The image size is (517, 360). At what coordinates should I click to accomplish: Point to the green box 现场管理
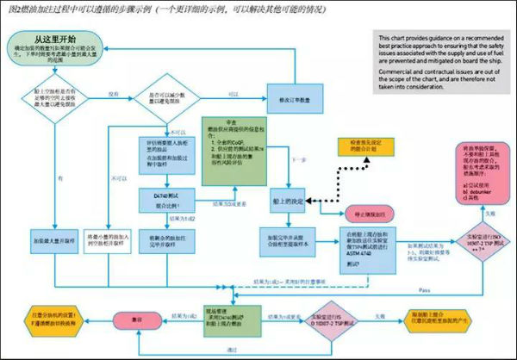[x=229, y=320]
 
